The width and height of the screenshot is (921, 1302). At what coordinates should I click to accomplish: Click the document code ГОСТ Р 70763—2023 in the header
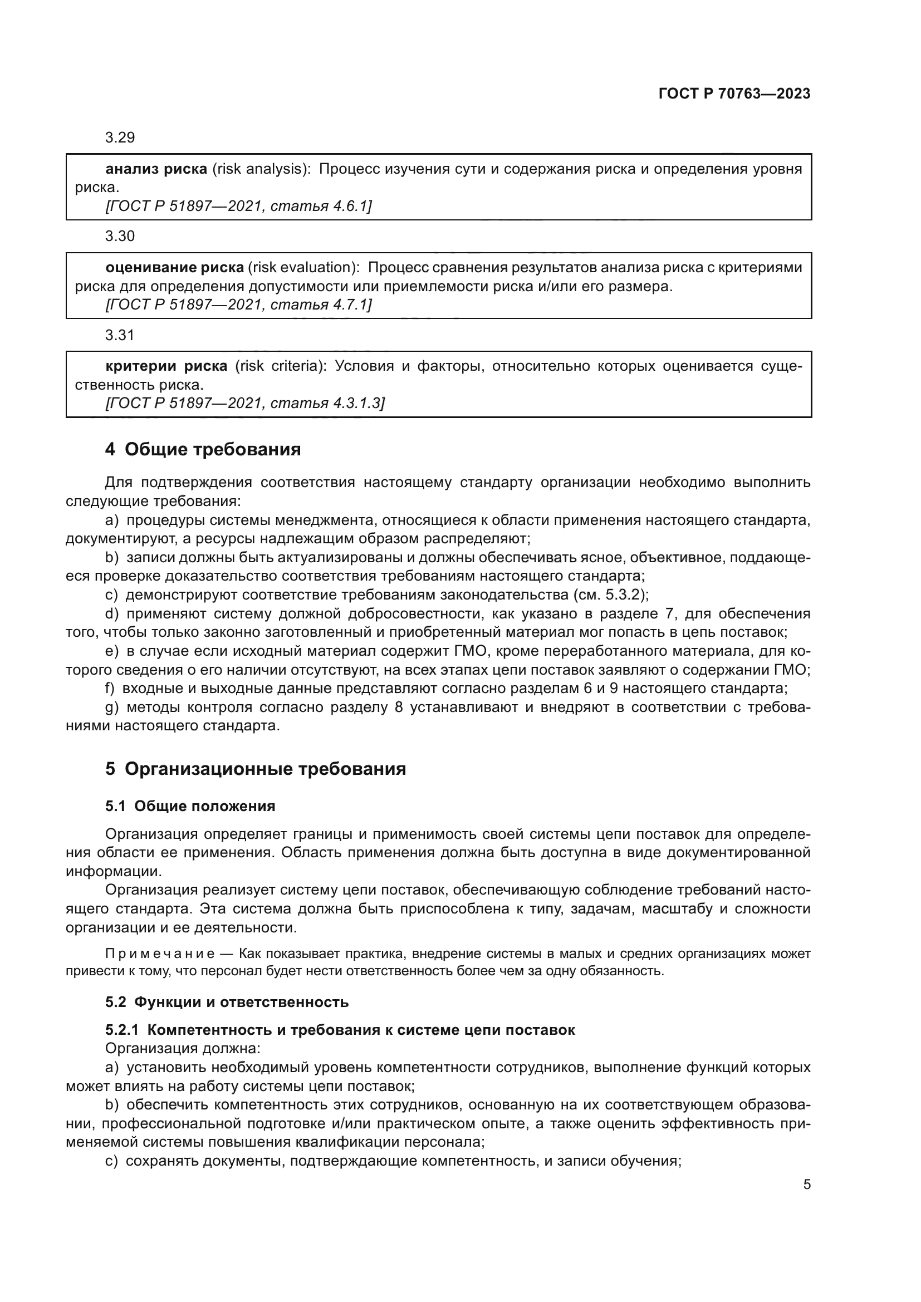(734, 94)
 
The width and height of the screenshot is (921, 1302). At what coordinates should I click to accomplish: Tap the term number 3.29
(120, 138)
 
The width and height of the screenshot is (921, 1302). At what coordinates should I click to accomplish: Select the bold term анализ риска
(156, 169)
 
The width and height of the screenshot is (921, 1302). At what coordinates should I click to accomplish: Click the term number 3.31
(120, 335)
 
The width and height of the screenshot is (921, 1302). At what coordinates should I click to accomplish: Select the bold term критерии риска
(166, 366)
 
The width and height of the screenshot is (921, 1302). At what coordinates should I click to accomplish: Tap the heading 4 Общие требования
(203, 450)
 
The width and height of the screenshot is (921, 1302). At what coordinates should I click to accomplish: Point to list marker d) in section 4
(111, 614)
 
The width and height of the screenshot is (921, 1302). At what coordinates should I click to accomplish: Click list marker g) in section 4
(111, 707)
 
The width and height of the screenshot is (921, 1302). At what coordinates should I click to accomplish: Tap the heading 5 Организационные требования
(255, 769)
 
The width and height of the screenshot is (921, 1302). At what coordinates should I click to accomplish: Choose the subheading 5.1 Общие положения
(190, 807)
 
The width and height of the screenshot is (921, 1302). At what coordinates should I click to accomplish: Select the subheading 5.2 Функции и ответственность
(227, 1002)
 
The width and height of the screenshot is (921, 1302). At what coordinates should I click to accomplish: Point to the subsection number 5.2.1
(121, 1030)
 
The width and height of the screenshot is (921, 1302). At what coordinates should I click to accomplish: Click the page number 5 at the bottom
(806, 1185)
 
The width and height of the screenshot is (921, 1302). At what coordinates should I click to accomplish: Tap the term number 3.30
(120, 237)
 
